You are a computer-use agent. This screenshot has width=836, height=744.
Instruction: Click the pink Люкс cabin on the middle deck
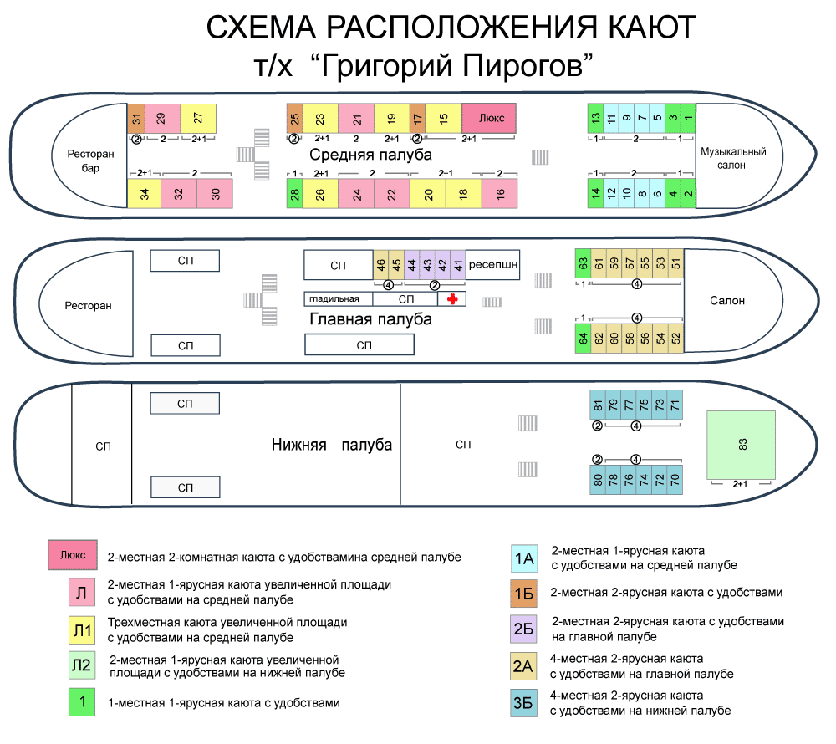[x=488, y=118]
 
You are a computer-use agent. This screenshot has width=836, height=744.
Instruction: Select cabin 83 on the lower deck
[x=741, y=445]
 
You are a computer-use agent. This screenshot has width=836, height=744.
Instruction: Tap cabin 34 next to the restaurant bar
[x=145, y=193]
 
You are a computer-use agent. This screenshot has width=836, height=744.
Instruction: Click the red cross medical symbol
[x=452, y=298]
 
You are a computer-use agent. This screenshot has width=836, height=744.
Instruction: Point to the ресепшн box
[x=493, y=264]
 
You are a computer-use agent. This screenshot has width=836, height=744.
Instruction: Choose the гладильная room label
[x=338, y=298]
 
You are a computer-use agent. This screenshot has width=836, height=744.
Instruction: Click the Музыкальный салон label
[x=734, y=158]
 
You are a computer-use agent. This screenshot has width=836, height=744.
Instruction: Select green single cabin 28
[x=295, y=193]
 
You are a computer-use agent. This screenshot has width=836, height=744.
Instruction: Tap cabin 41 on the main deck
[x=458, y=264]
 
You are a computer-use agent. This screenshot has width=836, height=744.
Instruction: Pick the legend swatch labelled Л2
[x=82, y=665]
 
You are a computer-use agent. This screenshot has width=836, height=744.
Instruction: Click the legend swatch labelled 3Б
[x=524, y=703]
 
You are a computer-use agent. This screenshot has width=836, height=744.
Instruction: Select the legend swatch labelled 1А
[x=524, y=558]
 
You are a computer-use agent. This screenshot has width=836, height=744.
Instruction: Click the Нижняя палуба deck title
[x=331, y=445]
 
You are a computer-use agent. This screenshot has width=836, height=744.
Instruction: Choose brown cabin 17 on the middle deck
[x=418, y=118]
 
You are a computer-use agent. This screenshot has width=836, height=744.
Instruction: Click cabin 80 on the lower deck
[x=598, y=481]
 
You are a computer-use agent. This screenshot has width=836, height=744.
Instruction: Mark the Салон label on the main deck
[x=727, y=301]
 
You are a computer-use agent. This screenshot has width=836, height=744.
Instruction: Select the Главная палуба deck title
[x=370, y=319]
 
